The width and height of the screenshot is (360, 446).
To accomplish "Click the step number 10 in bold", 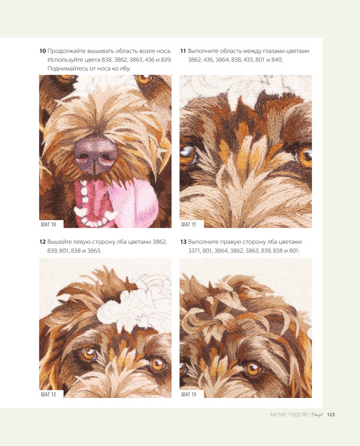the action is (42, 51).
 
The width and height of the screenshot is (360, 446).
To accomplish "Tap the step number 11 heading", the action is (183, 51).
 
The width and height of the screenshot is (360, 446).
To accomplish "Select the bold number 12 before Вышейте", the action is (42, 242).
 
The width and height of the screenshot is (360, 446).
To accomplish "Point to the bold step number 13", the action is (183, 242).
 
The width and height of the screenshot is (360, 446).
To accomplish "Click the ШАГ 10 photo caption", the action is (49, 224).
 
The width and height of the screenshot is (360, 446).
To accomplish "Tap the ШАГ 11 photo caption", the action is (189, 224).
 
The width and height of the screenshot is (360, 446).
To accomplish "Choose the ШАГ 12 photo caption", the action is (49, 394).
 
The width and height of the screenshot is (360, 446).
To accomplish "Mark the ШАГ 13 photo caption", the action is (189, 394).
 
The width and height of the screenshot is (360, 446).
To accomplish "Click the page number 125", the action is (331, 415).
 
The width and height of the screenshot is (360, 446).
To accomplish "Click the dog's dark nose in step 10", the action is (96, 155).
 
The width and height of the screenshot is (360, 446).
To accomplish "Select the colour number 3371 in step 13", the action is (194, 251).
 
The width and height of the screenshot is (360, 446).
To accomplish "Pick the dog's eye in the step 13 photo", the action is (253, 369).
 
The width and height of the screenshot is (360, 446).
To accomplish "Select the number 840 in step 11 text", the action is (277, 60).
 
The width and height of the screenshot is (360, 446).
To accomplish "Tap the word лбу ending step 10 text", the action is (125, 68).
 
